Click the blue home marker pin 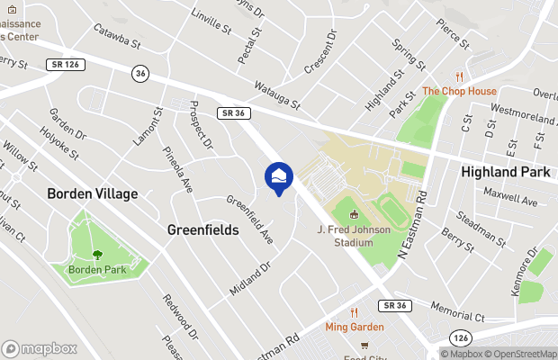coord(279,177)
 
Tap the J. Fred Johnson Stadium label coord(353,237)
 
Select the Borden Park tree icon coord(97,256)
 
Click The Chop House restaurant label coord(459,91)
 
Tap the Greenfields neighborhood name coord(203,230)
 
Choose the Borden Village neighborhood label coord(93,193)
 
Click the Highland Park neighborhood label coord(505,171)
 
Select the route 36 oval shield coord(139,72)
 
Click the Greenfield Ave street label coord(249,220)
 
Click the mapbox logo coord(40,348)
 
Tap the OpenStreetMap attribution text coord(523,353)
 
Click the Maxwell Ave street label coord(508,195)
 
